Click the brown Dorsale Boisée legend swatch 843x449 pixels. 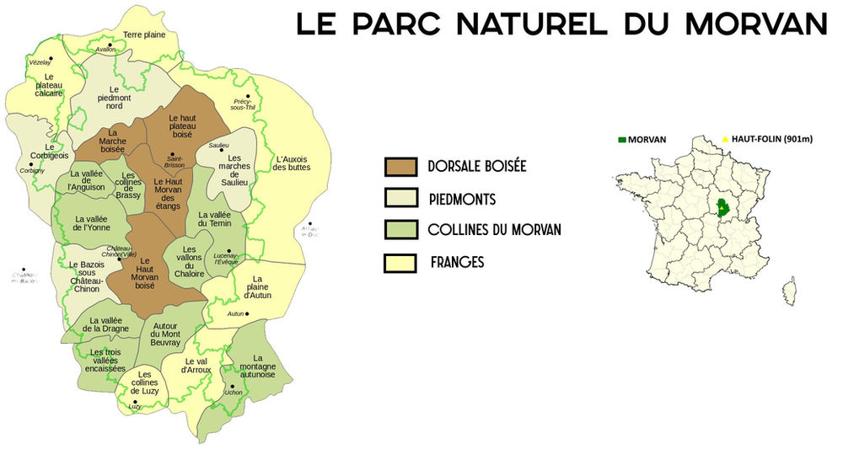click(x=400, y=167)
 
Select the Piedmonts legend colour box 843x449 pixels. click(x=400, y=199)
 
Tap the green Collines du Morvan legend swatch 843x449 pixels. click(x=400, y=230)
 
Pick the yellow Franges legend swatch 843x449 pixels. click(x=400, y=262)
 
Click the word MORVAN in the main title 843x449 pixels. click(x=756, y=23)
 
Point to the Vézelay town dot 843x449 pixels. click(x=51, y=58)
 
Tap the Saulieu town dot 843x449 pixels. click(x=221, y=151)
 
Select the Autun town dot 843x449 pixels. click(x=248, y=314)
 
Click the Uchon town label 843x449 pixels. click(x=234, y=393)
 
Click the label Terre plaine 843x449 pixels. click(x=144, y=35)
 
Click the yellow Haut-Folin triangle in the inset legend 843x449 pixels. click(x=725, y=138)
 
